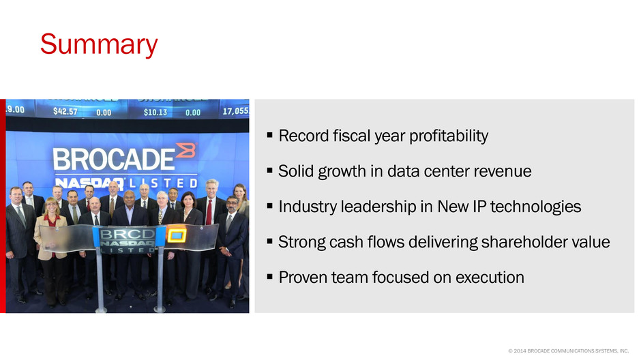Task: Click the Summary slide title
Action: click(x=99, y=44)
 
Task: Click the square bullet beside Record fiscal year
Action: click(x=269, y=135)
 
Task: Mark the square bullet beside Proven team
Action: click(x=269, y=277)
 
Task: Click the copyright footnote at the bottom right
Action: click(x=568, y=351)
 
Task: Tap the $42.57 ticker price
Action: click(x=65, y=111)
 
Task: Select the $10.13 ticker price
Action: click(x=155, y=112)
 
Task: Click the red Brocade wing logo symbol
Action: click(x=185, y=150)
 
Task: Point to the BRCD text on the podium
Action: click(x=128, y=234)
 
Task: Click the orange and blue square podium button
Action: click(x=177, y=236)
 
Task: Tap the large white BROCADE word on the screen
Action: click(x=114, y=159)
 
